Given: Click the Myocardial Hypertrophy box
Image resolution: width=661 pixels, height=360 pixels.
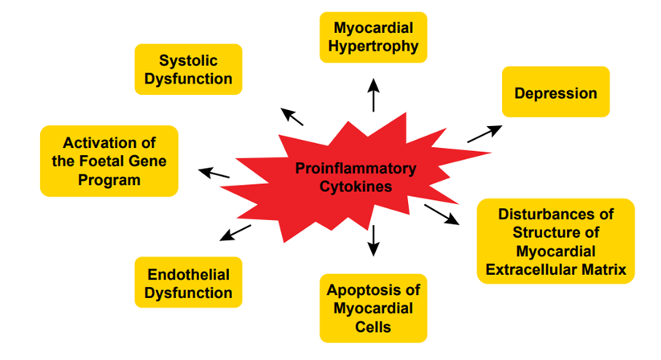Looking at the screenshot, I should (x=373, y=37).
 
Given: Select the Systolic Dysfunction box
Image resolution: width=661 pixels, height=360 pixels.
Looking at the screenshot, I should (x=188, y=70).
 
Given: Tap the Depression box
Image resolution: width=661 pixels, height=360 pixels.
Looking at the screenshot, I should (x=556, y=93).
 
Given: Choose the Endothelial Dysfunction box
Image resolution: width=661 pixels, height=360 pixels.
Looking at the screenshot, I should (x=188, y=284).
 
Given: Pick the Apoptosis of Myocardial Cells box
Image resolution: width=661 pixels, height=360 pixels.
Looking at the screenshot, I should (x=373, y=308).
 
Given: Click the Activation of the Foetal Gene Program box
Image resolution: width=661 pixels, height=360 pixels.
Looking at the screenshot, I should (x=109, y=161).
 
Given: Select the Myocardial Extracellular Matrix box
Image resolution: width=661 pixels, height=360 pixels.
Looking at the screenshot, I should (x=556, y=241).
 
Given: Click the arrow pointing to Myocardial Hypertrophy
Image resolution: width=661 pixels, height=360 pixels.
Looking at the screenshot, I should (x=373, y=96).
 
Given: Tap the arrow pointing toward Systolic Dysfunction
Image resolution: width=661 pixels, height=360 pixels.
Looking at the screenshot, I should (x=292, y=117).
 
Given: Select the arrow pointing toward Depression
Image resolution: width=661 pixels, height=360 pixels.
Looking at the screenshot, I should (x=484, y=133).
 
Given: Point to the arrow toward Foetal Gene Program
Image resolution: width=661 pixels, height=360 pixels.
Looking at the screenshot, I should (x=214, y=173).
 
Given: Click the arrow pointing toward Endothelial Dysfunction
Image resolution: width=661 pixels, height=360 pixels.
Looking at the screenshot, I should (x=235, y=232).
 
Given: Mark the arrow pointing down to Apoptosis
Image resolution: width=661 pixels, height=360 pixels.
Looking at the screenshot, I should (x=373, y=239).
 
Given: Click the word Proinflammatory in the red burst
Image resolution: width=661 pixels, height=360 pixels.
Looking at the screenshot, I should (x=356, y=169).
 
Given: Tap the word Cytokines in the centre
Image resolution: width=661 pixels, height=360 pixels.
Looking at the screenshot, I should (x=356, y=186).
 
